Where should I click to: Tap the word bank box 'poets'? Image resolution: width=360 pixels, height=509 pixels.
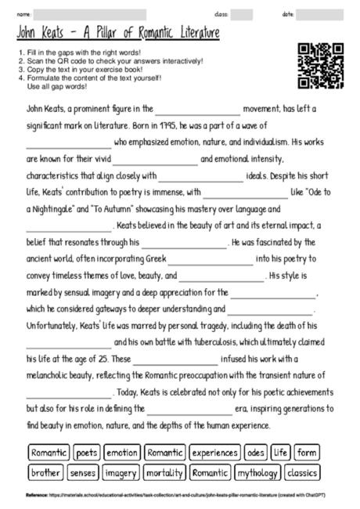pos(88,453)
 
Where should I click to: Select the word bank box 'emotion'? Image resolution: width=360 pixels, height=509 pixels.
pos(122,453)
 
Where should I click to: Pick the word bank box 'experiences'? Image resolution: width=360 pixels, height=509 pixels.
pos(214,453)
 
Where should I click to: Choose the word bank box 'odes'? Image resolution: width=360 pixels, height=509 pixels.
pos(256,453)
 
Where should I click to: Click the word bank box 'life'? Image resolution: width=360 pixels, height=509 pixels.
pos(282,453)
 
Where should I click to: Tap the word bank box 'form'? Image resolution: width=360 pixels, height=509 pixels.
pos(307,453)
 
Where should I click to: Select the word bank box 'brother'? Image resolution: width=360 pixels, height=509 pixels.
pos(46,473)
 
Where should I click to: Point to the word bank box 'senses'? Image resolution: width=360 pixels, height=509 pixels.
pos(83,473)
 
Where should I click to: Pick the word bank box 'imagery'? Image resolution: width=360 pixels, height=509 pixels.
pos(121,473)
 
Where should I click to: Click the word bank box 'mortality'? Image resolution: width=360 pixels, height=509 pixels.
pos(164,473)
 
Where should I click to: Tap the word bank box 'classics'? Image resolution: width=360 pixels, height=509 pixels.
pos(301,473)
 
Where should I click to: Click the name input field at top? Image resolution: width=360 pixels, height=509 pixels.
pos(91,14)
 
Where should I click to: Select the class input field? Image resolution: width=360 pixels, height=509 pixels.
pos(242,14)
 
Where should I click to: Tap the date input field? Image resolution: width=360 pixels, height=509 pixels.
pos(318,14)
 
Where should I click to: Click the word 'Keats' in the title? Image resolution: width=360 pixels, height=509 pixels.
pos(60,33)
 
